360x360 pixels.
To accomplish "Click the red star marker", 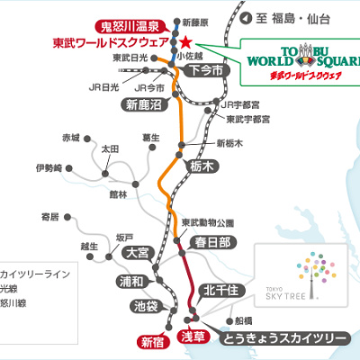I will (184, 41).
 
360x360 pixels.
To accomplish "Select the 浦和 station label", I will (135, 281).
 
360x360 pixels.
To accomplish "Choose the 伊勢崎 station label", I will (49, 168).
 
